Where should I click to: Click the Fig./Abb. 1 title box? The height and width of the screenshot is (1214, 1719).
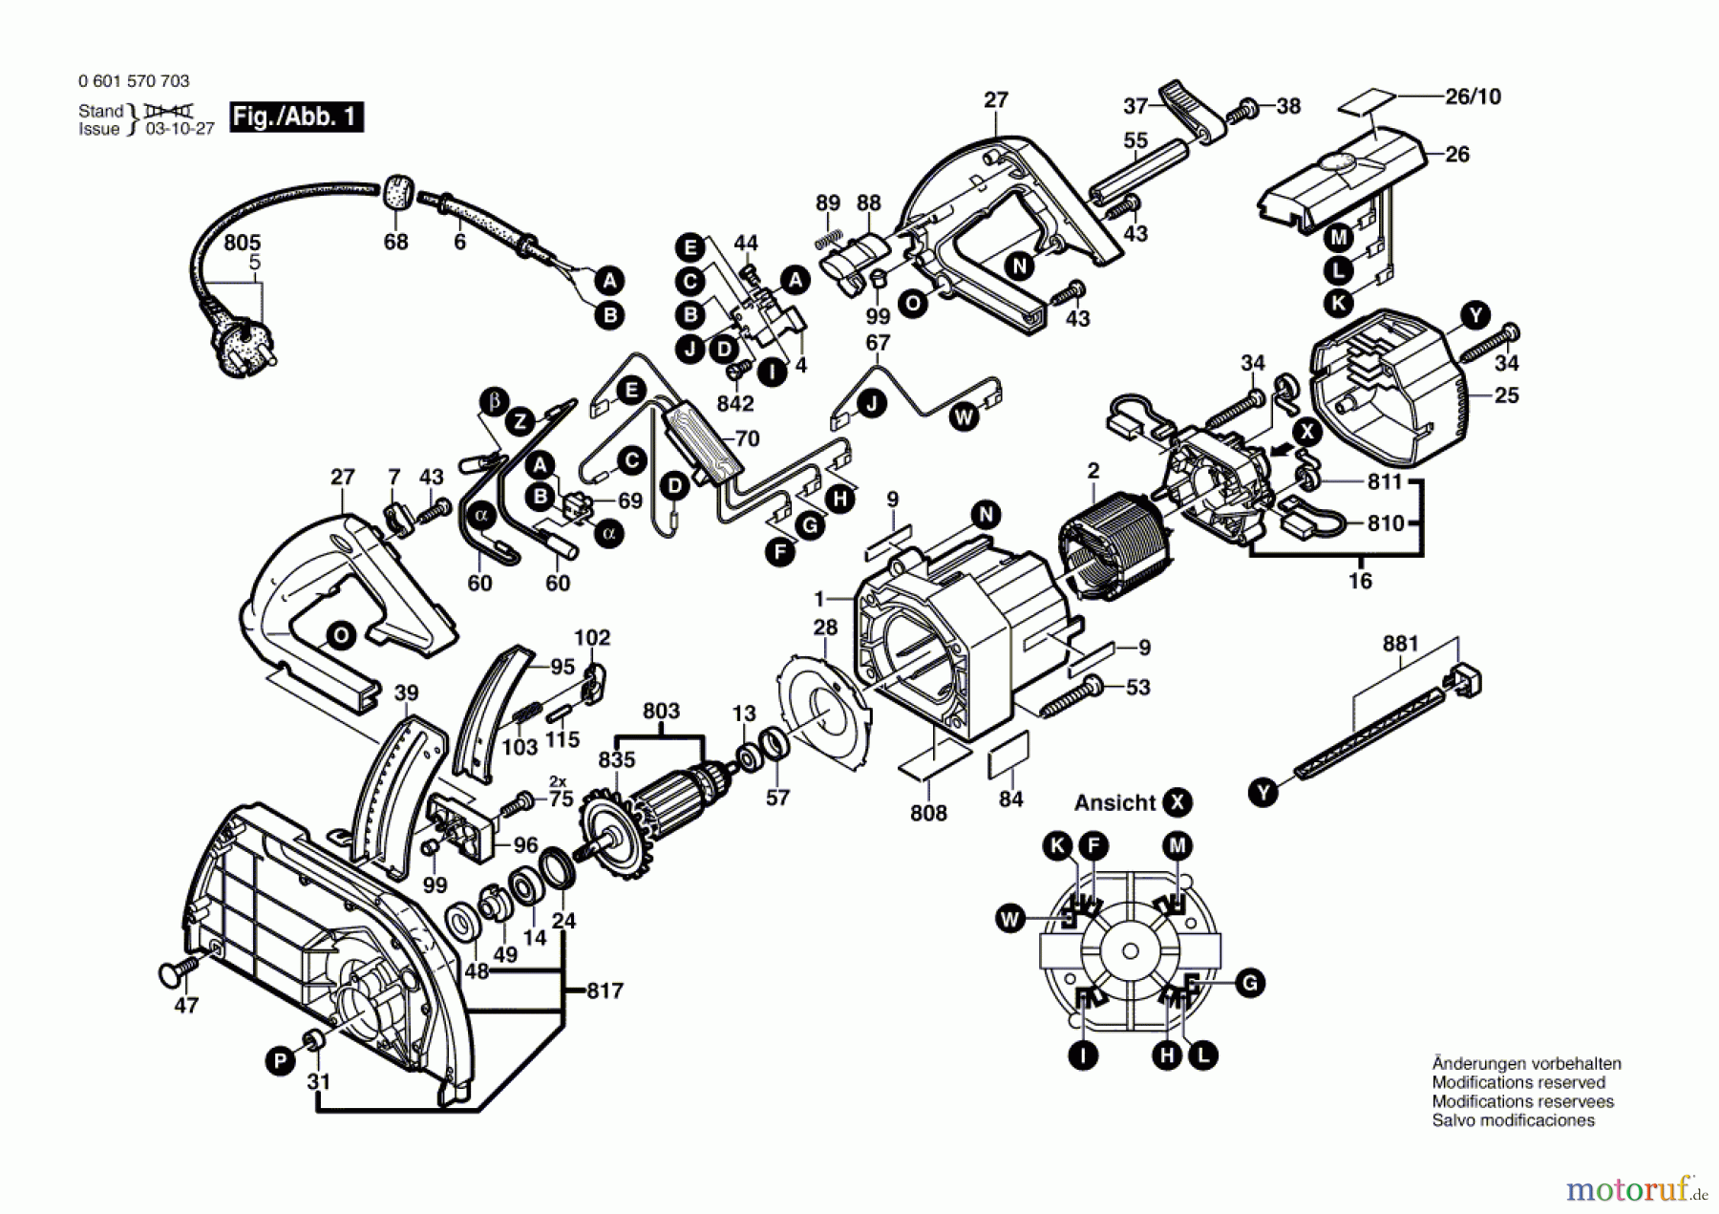296,117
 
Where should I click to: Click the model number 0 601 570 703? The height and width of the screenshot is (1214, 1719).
134,81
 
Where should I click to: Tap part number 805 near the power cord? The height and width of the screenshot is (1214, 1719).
242,243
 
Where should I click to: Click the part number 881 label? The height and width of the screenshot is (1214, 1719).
1400,644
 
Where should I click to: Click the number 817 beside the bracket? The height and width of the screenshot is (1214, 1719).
605,990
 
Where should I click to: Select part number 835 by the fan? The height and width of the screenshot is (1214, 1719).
616,759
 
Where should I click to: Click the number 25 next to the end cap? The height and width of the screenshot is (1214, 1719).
1506,394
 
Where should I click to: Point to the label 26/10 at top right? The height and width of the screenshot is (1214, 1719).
1473,96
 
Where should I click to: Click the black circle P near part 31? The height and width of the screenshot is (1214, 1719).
280,1061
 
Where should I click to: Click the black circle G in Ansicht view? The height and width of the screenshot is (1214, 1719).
1249,983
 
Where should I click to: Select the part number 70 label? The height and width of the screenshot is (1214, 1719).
747,438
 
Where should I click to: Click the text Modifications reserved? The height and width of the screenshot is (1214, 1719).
1517,1082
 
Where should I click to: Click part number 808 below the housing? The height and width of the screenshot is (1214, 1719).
928,813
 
